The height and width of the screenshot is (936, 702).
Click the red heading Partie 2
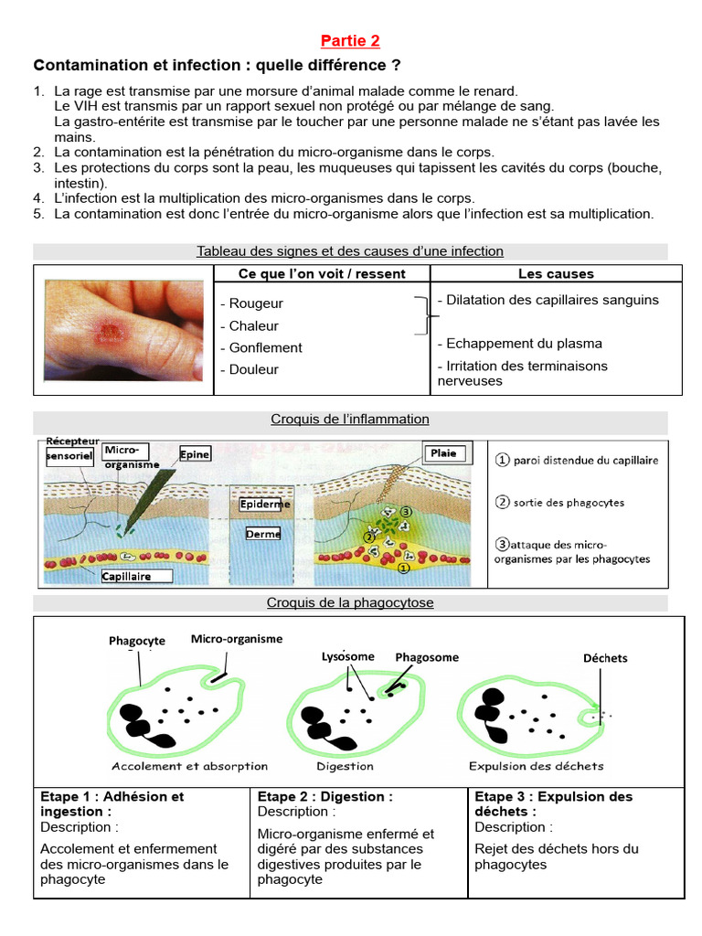coord(350,40)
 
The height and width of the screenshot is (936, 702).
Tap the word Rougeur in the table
coord(256,303)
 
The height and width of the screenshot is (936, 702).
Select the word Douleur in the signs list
coord(254,369)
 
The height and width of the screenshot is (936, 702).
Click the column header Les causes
coord(556,274)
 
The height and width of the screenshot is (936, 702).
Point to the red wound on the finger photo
coord(109,332)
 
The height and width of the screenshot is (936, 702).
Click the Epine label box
coord(195,454)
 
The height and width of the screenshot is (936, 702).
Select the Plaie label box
coord(448,453)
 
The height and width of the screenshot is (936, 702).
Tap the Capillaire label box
coord(136,576)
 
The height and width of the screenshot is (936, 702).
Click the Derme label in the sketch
coord(263,534)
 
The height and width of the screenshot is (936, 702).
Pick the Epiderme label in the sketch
coord(264,504)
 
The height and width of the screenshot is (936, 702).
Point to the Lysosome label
coord(348,656)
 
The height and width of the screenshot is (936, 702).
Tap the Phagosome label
coord(427,657)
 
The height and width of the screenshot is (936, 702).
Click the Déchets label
coord(605,658)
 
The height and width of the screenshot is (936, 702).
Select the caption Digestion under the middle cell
coord(345,766)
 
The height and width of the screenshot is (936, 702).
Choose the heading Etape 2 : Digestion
coord(324,796)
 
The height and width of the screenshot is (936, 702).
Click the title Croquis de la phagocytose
coord(350,602)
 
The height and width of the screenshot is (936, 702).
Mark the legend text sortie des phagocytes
coord(569,503)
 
